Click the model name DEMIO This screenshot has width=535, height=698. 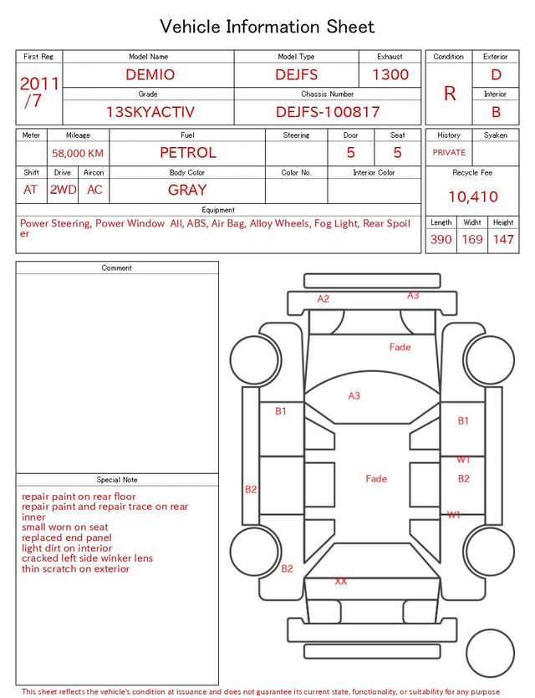coord(150,74)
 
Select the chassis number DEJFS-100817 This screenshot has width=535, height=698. coord(328,112)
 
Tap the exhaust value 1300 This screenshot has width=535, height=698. coord(390,74)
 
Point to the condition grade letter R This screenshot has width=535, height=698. coord(450,94)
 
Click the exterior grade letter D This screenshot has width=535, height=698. coord(496,74)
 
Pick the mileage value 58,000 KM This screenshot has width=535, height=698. coord(78,154)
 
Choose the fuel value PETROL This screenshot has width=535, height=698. coord(188,153)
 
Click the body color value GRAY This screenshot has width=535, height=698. coord(187,190)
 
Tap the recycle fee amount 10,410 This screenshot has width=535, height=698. coord(472,196)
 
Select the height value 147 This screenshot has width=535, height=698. coord(503,239)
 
